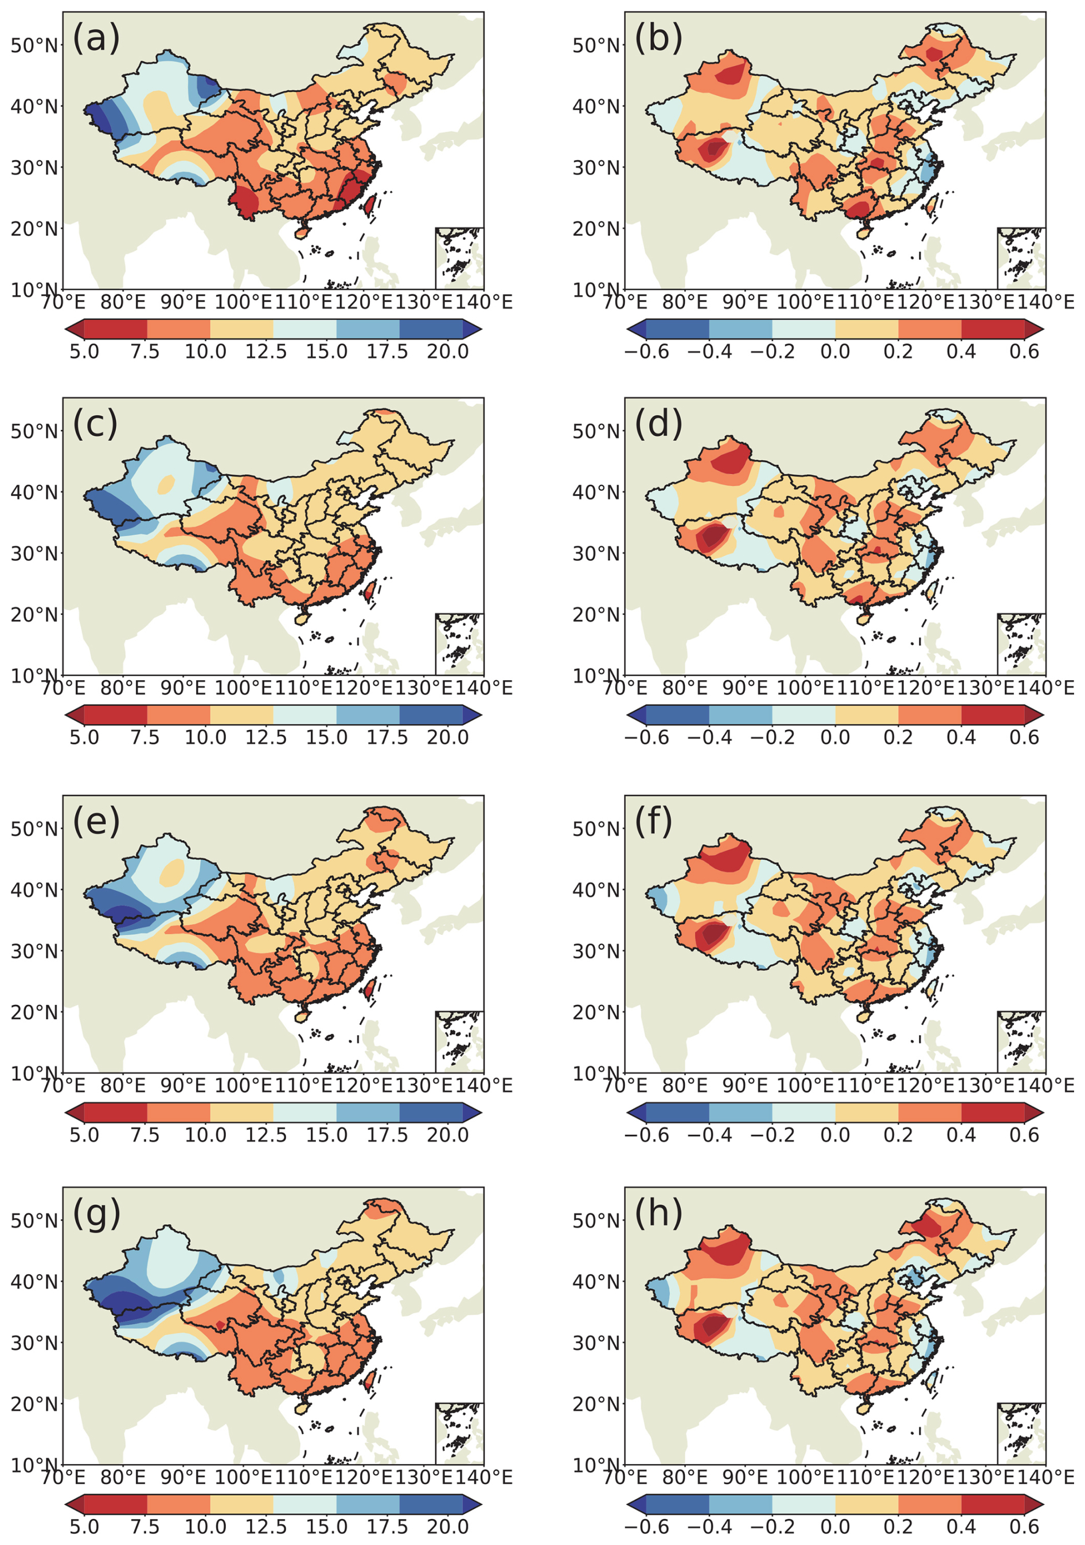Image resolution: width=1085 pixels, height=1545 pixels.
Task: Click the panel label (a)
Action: pyautogui.click(x=96, y=38)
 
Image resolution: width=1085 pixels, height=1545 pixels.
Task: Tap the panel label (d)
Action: pyautogui.click(x=658, y=424)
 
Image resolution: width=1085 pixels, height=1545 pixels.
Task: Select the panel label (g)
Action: pyautogui.click(x=96, y=1214)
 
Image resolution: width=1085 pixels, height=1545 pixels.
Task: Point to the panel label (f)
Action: pyautogui.click(x=654, y=822)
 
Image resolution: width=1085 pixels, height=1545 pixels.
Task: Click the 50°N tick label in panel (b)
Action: pyautogui.click(x=596, y=46)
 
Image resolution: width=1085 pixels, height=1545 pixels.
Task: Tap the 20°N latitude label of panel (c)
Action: pyautogui.click(x=34, y=614)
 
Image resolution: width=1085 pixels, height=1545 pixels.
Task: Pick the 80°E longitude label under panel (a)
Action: pyautogui.click(x=123, y=302)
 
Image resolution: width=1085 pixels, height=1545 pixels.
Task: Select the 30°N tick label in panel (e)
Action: pyautogui.click(x=34, y=951)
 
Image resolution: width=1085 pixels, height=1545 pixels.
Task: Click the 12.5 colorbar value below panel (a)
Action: pyautogui.click(x=266, y=351)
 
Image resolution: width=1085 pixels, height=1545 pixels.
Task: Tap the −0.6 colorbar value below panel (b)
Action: pyautogui.click(x=647, y=351)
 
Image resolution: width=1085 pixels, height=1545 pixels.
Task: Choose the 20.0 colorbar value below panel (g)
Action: pyautogui.click(x=448, y=1526)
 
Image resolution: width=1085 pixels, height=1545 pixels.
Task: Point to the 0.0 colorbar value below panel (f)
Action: pyautogui.click(x=834, y=1134)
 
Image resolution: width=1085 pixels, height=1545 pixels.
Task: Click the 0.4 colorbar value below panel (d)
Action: pyautogui.click(x=961, y=737)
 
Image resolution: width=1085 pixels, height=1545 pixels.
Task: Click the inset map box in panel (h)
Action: pyautogui.click(x=1021, y=1434)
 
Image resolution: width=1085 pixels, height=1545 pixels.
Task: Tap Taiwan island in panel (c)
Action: pyautogui.click(x=369, y=591)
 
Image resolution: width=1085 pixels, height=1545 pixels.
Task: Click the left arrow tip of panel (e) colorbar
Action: pyautogui.click(x=68, y=1111)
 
